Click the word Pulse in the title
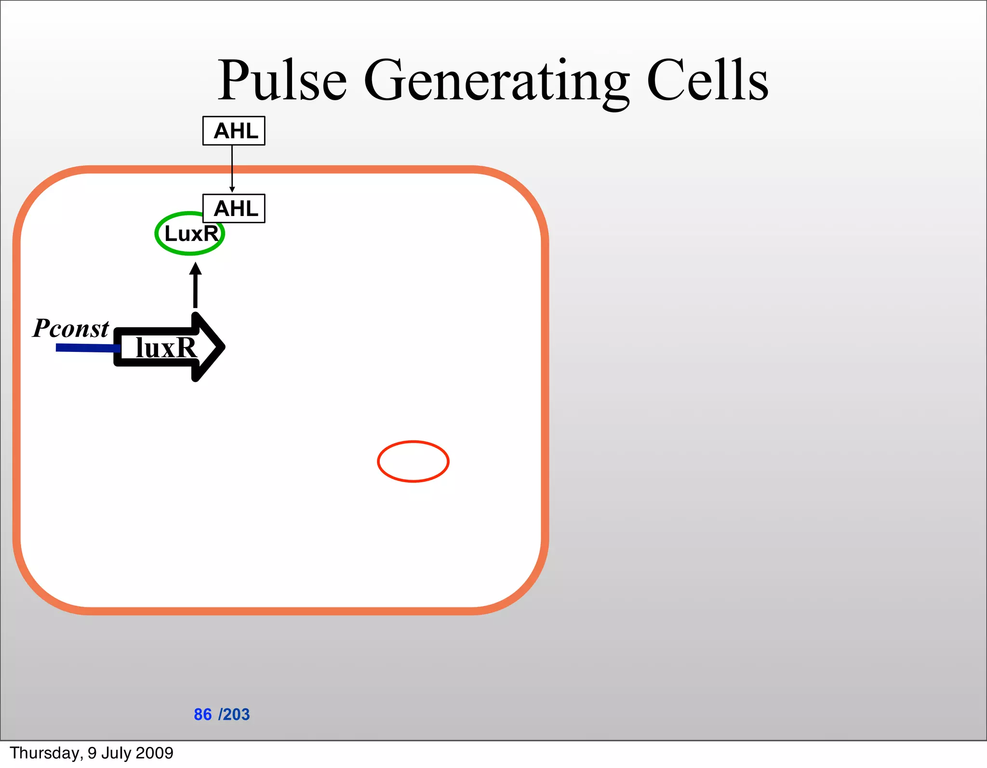(x=282, y=80)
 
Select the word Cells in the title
(x=707, y=80)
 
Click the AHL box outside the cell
(x=234, y=131)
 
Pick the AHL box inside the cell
(x=234, y=208)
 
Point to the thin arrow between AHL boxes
(x=232, y=169)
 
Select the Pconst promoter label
(x=71, y=328)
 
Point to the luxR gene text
(x=166, y=347)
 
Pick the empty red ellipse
(x=413, y=461)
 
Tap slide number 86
(x=202, y=714)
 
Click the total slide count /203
(x=234, y=714)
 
